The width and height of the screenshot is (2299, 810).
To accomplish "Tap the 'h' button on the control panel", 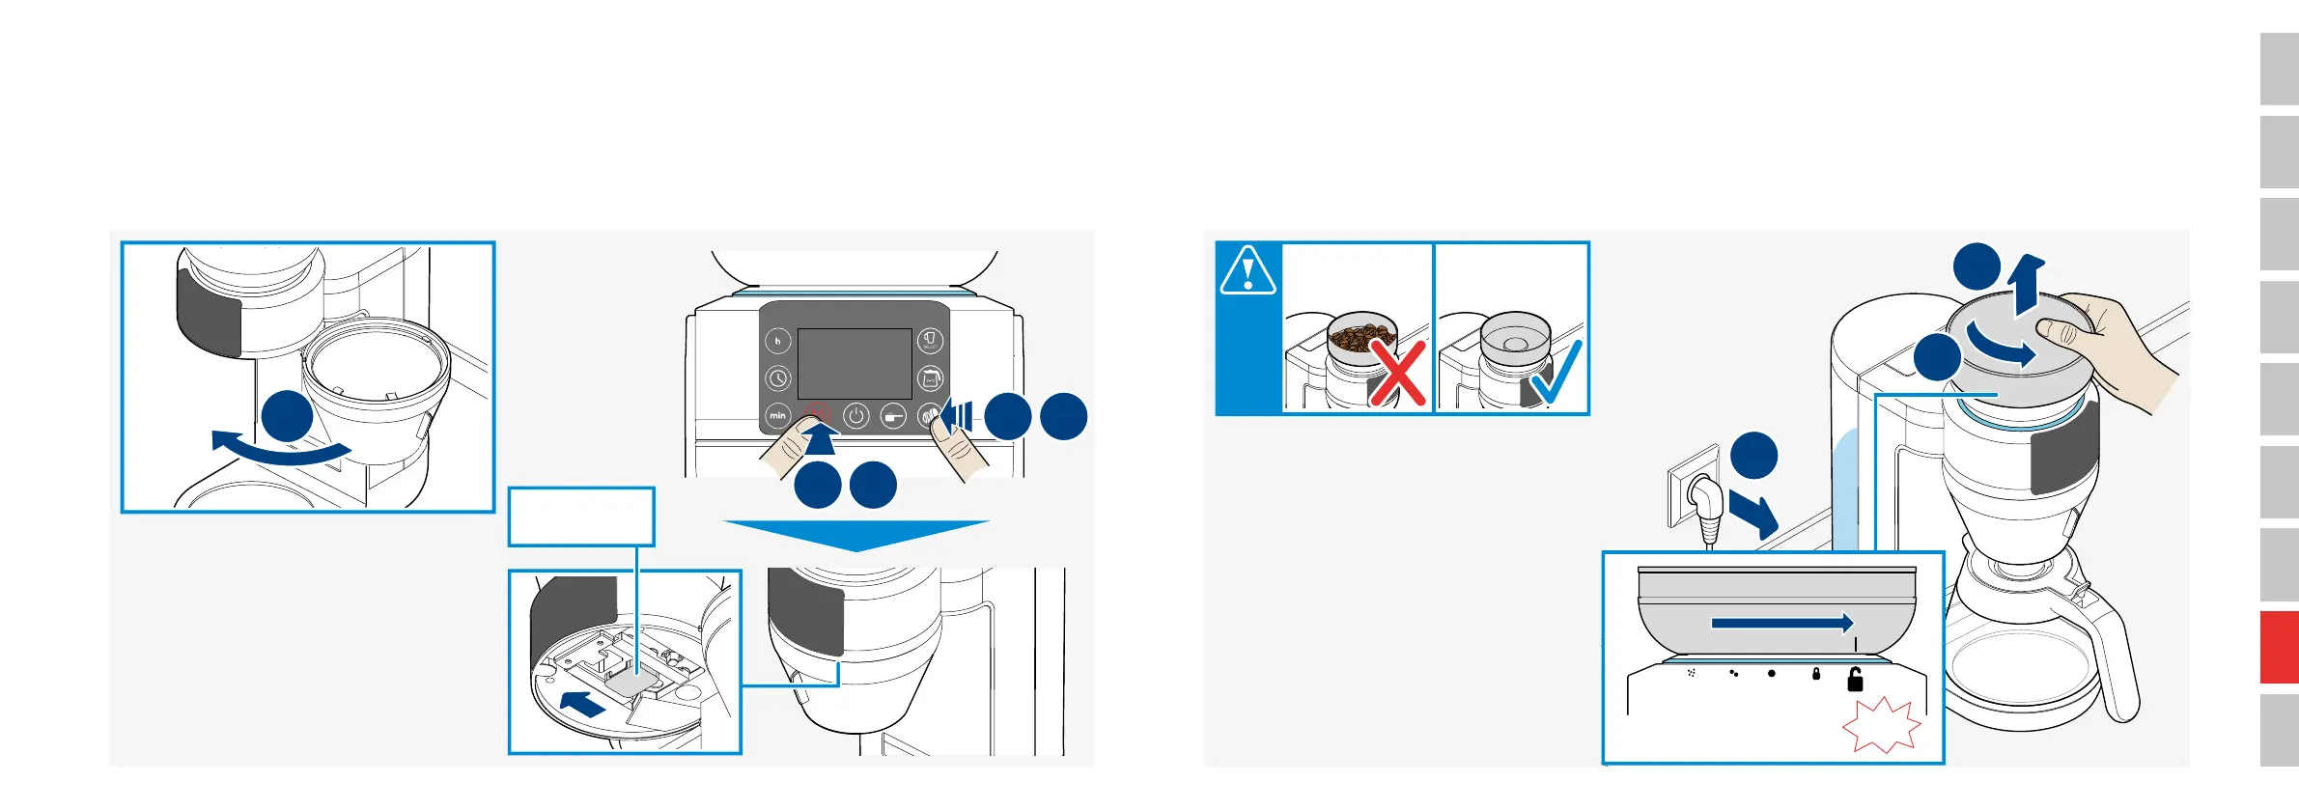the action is coord(777,341).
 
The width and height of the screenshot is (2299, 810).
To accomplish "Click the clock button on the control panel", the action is coord(777,378).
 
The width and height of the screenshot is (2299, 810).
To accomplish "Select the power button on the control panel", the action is coord(855,416).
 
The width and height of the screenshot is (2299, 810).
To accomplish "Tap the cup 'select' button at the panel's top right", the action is coord(930,341).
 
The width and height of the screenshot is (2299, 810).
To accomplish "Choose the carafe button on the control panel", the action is coord(930,378).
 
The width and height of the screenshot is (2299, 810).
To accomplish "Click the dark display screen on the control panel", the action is coord(855,363).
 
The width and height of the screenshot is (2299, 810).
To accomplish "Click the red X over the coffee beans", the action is coord(1398,374).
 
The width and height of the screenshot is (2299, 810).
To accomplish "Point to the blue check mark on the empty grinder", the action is coord(1555,374).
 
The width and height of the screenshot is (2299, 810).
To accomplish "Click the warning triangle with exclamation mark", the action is coord(1248,270).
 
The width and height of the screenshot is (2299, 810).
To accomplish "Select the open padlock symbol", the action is coord(1855,680).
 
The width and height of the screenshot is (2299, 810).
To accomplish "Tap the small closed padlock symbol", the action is coord(1816,674).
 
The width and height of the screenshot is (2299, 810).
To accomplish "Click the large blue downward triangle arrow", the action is coord(856,534).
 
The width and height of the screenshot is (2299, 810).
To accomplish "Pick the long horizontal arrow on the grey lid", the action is coord(1781,624).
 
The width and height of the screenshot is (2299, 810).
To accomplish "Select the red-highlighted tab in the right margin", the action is coord(2279,647).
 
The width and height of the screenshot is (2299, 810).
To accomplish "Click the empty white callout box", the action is coord(581,517).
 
